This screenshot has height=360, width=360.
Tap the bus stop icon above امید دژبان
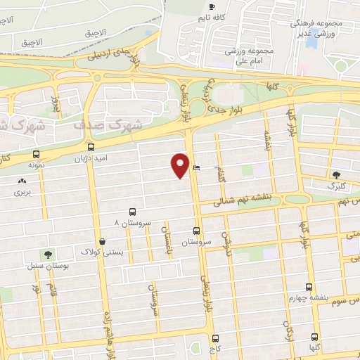[90, 148]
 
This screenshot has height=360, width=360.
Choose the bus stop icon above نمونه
[36, 154]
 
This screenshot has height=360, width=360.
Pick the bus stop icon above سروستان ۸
[132, 212]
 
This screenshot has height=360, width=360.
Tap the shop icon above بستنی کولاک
[103, 241]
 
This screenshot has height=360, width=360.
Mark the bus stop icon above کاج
[215, 338]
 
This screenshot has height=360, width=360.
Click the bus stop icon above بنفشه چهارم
[309, 287]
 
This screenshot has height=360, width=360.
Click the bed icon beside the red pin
[196, 167]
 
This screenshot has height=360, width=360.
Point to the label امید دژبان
[91, 159]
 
